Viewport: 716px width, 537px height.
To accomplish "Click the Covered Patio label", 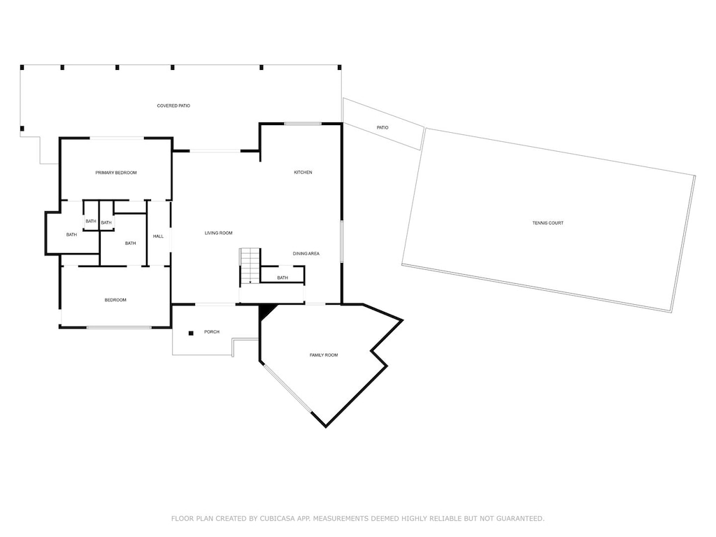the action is (x=173, y=106).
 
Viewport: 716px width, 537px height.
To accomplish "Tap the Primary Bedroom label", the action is (x=116, y=173).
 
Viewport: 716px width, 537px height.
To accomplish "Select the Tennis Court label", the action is (x=548, y=223).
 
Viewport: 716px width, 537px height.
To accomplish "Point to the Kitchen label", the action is (x=303, y=172).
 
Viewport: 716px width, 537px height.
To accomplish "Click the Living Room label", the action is (x=218, y=233).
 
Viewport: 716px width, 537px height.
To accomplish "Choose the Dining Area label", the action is (x=306, y=253).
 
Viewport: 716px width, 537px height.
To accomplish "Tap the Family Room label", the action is (x=324, y=355).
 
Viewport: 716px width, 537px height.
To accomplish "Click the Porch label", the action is (x=212, y=332).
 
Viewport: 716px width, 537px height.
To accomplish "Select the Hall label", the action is (x=159, y=236).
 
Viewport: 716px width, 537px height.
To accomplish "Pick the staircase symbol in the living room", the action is (x=250, y=266).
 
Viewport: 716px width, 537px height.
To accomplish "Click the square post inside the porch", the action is (x=191, y=334).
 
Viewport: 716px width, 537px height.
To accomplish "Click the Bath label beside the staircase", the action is (x=282, y=278).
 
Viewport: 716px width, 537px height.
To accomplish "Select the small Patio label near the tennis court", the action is (x=382, y=127).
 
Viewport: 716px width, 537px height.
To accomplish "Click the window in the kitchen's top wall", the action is (x=303, y=123).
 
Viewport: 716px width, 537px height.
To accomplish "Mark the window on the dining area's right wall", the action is (x=341, y=241).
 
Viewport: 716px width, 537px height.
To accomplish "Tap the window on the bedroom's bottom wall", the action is (x=119, y=327).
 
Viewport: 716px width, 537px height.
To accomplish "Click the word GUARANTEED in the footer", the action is (x=520, y=518).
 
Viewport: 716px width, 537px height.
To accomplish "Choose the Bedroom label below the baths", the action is (x=115, y=300).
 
